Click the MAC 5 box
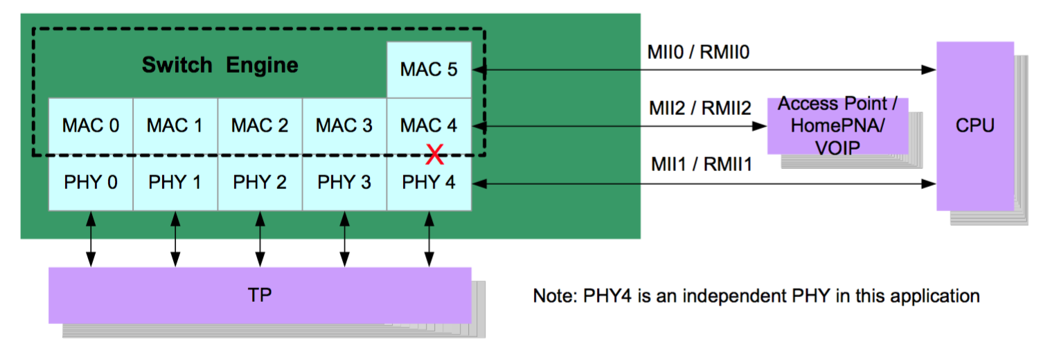coord(429,70)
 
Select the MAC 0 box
coord(91,126)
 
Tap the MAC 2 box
coord(260,126)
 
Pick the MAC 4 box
coord(429,126)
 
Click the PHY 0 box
coord(91,183)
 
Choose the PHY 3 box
coord(344,183)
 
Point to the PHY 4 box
coord(429,183)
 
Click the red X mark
coord(434,155)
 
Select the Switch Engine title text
coord(220,66)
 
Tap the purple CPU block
coord(975,126)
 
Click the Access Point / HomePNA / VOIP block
coord(837,126)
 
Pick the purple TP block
coord(260,295)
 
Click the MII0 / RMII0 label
coord(699,52)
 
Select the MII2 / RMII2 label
coord(700,109)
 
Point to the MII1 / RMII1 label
coord(700,165)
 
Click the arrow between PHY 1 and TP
coord(175,239)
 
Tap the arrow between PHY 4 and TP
coord(429,239)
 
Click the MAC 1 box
coord(175,126)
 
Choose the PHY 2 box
coord(260,183)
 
